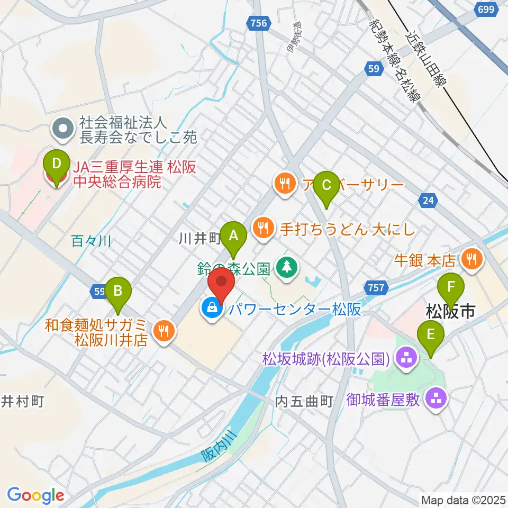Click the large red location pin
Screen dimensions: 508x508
tap(221, 284)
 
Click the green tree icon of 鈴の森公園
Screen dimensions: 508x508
tap(286, 266)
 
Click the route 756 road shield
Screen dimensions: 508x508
tap(258, 22)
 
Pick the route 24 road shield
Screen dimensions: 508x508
tap(428, 200)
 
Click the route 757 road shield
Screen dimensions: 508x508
tap(376, 287)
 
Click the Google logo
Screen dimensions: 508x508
tap(36, 495)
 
